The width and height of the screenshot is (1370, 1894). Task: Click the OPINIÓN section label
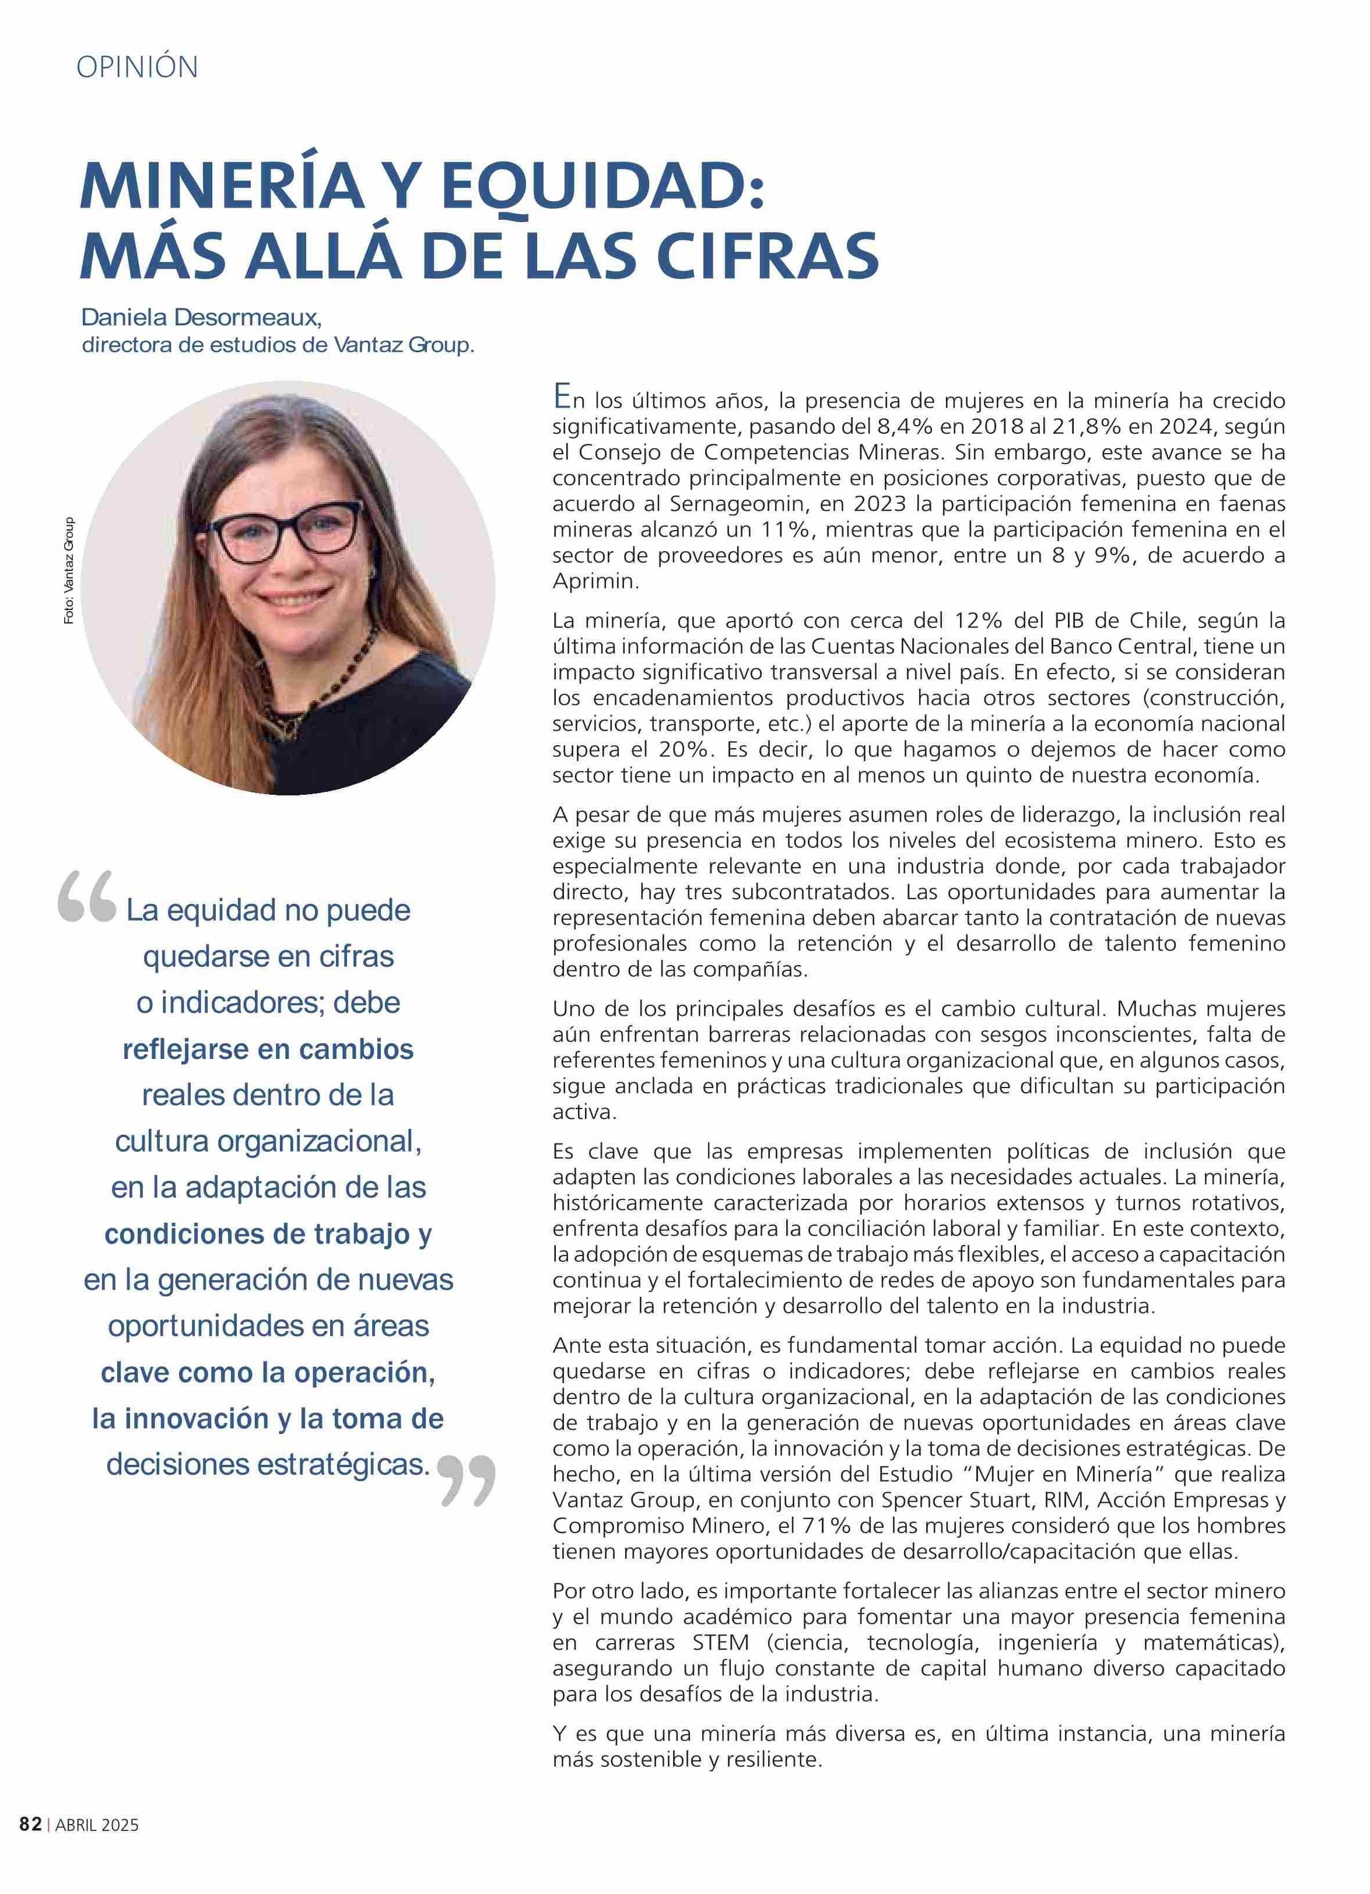pyautogui.click(x=137, y=67)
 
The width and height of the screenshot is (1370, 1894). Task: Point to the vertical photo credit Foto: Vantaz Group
pyautogui.click(x=68, y=570)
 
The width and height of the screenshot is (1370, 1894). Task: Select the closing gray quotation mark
pyautogui.click(x=466, y=1481)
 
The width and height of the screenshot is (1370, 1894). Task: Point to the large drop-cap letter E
pyautogui.click(x=562, y=397)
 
